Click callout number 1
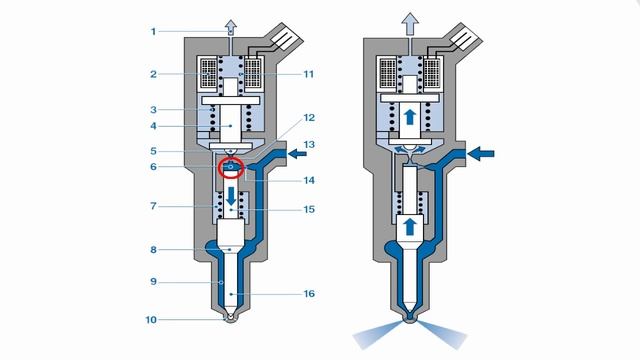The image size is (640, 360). coord(153,31)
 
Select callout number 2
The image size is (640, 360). coord(153,74)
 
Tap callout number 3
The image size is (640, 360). coord(153,109)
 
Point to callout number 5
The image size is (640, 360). coord(153,152)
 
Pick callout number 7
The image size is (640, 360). coord(153,207)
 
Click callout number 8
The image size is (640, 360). coord(153,250)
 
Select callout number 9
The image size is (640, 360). coord(153,283)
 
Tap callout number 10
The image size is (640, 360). coord(153,320)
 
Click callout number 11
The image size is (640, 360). coord(308,74)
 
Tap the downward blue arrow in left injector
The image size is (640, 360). coord(231,197)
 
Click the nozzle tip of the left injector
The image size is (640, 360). coord(231,320)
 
